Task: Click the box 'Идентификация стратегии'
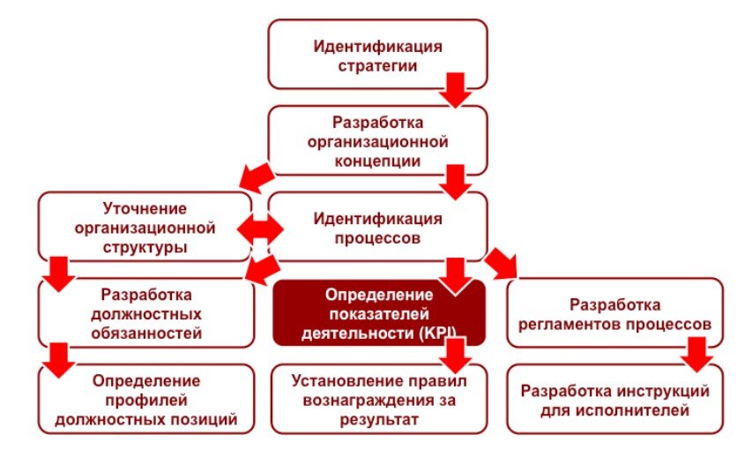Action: click(377, 55)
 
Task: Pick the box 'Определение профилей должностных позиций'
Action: click(146, 400)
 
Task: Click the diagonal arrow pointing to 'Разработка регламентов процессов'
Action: click(502, 262)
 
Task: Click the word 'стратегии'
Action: click(377, 65)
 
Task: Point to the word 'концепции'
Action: click(377, 161)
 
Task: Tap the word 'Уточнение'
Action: click(145, 208)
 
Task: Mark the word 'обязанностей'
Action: click(146, 333)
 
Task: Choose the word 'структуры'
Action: click(145, 247)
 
